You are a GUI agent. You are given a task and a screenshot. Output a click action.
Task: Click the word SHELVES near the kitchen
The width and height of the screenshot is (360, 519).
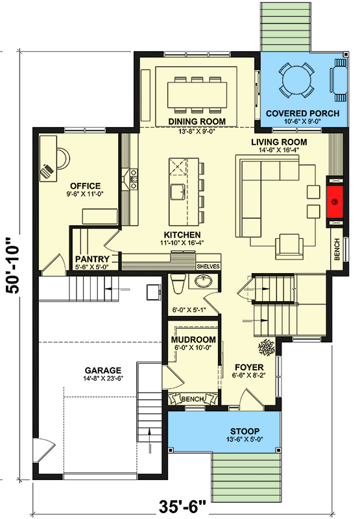click(208, 266)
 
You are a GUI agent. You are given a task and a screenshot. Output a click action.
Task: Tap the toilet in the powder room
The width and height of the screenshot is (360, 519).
click(179, 282)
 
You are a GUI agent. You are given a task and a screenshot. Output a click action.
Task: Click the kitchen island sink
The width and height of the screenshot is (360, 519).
click(176, 192)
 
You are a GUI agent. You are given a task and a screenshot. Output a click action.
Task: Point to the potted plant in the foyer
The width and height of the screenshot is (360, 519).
click(266, 348)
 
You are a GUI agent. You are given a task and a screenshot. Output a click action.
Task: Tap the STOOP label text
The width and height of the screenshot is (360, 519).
click(225, 431)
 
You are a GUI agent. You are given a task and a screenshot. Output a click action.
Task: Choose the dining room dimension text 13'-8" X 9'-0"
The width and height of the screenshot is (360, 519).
click(197, 130)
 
